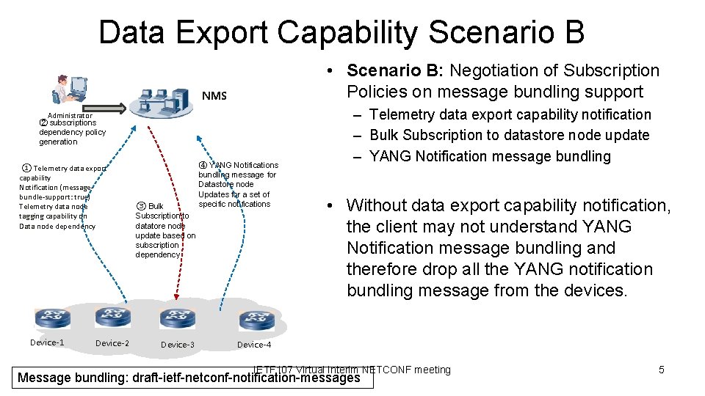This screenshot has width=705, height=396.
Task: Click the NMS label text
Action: [x=214, y=95]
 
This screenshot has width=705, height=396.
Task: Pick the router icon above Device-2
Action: [x=112, y=318]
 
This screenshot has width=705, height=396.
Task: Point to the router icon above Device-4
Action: [x=256, y=320]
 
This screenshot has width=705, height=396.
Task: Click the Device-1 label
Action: [x=47, y=342]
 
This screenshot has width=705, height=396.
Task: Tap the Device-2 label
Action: [x=112, y=343]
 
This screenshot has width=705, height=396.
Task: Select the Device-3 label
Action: [x=178, y=345]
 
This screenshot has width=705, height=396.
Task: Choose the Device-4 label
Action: [x=254, y=345]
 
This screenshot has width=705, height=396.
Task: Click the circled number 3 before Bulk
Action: [x=141, y=207]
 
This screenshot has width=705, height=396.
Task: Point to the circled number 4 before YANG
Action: [x=203, y=165]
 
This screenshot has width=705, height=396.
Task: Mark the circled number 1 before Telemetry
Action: [x=26, y=169]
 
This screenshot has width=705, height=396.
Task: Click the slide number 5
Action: [x=661, y=370]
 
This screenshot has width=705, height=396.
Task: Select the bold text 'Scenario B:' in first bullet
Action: [x=395, y=70]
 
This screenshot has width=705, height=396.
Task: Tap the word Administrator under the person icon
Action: [x=70, y=115]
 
